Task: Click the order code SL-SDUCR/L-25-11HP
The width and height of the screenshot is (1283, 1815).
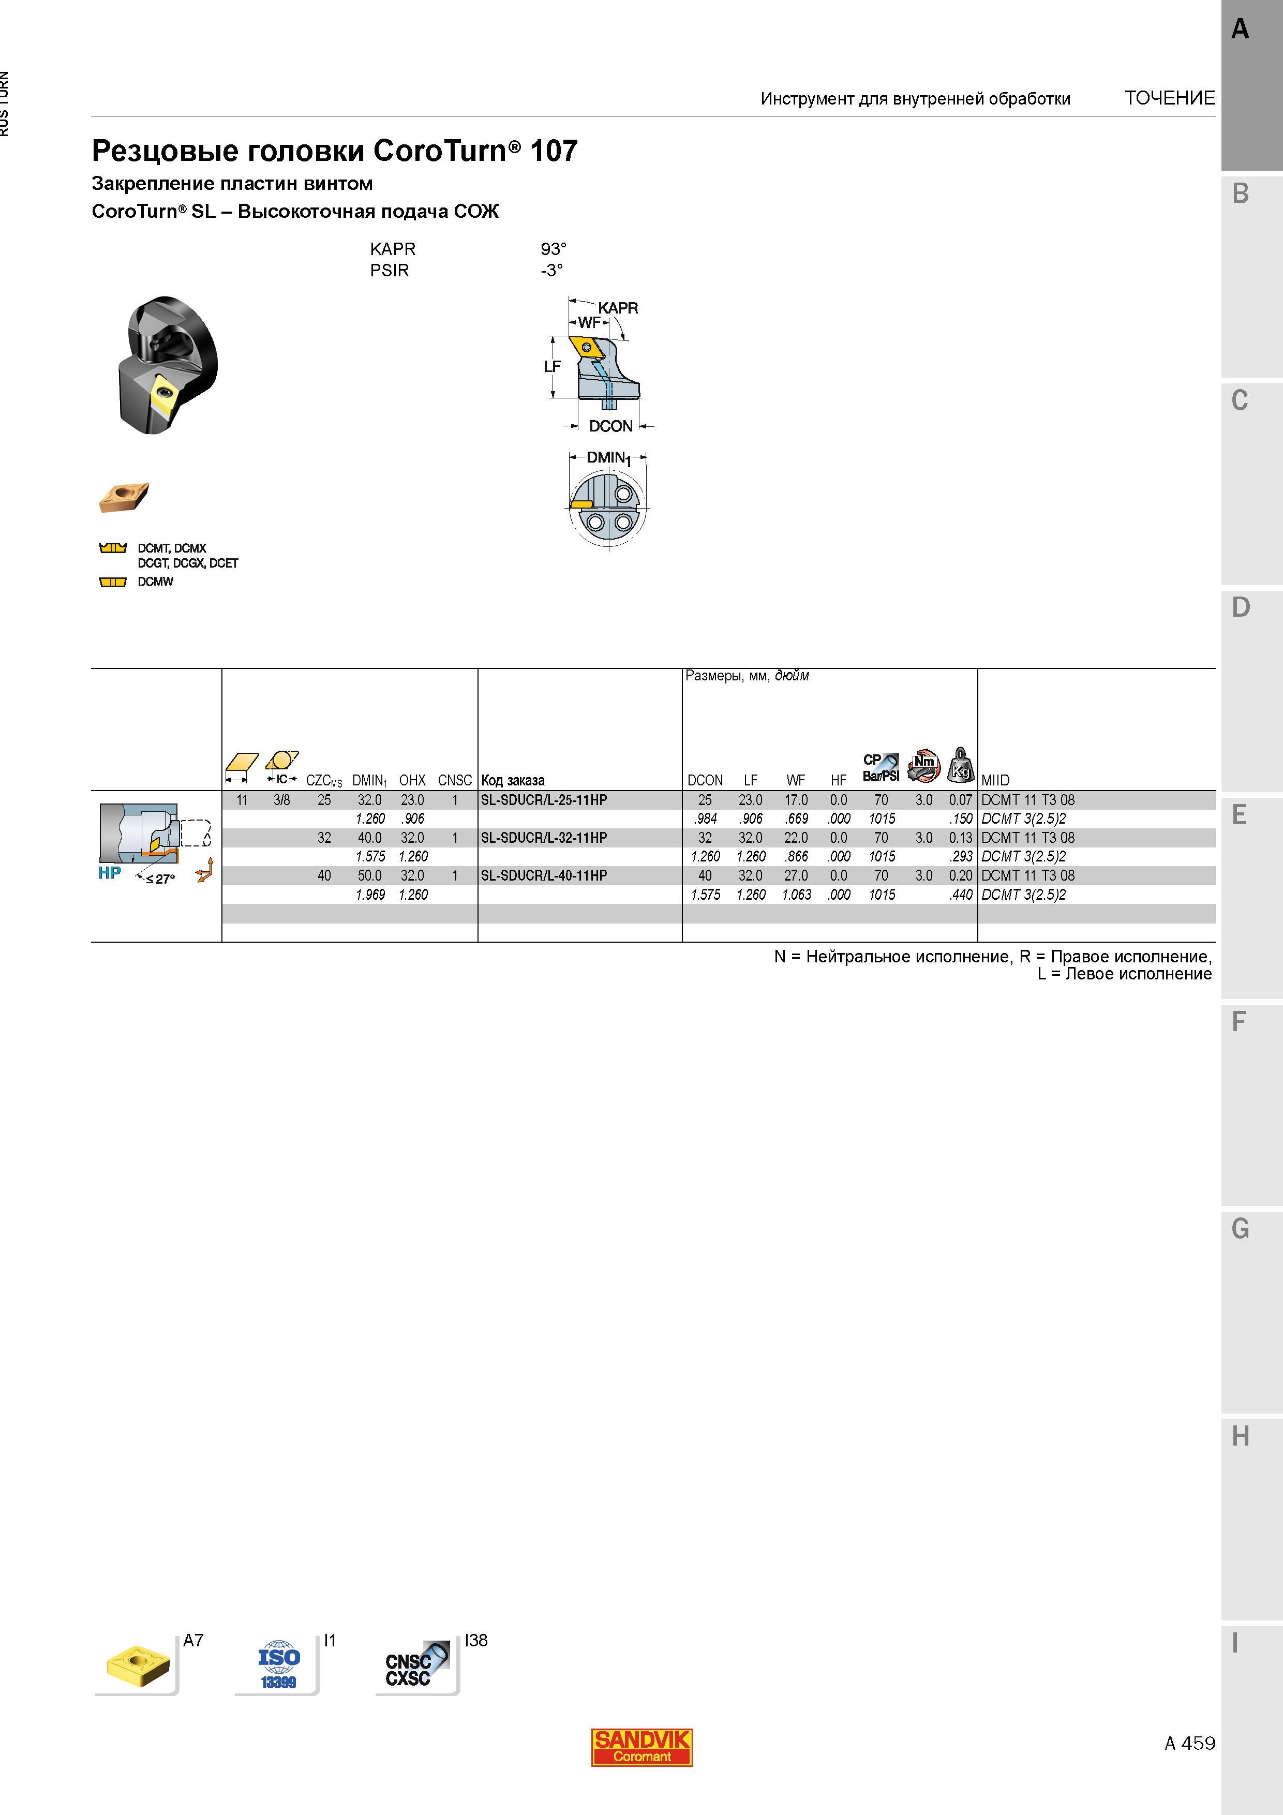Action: click(544, 800)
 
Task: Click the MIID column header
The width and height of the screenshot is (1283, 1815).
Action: click(995, 780)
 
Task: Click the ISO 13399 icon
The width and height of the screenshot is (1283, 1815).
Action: click(279, 1667)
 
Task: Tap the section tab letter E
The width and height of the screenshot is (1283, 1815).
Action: click(1240, 815)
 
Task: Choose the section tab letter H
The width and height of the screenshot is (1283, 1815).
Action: click(1240, 1436)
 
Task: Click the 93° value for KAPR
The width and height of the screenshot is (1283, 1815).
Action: click(554, 249)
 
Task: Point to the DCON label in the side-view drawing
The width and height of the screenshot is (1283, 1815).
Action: click(611, 426)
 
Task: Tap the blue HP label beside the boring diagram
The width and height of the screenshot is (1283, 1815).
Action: click(109, 873)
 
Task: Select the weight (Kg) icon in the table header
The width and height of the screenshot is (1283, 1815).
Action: click(961, 764)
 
